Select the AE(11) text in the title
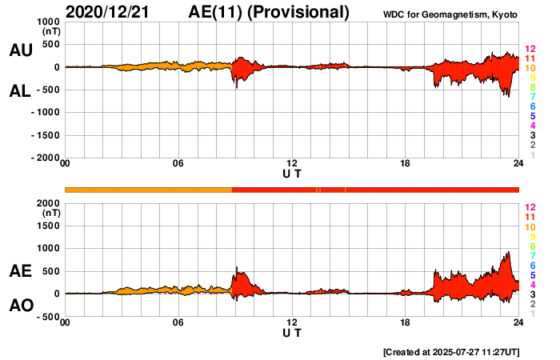[x=218, y=12]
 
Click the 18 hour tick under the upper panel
[x=406, y=164]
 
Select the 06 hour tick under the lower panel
[x=178, y=322]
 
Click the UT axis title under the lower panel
[x=292, y=331]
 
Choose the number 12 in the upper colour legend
[x=530, y=49]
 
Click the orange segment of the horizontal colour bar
[x=148, y=190]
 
